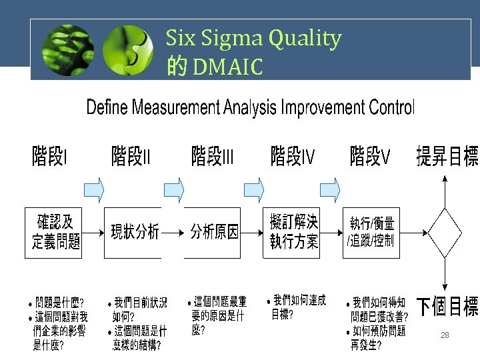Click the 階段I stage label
51,158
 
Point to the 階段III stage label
213,158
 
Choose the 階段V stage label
371,158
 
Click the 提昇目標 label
447,158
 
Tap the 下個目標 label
447,307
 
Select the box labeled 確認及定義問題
57,232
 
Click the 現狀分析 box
134,232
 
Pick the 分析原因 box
214,232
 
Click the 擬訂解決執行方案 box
293,232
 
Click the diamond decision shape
445,233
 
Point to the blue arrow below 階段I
95,188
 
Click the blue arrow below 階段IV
330,188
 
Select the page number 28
445,335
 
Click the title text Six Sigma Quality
253,39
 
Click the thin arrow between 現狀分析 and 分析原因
173,233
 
